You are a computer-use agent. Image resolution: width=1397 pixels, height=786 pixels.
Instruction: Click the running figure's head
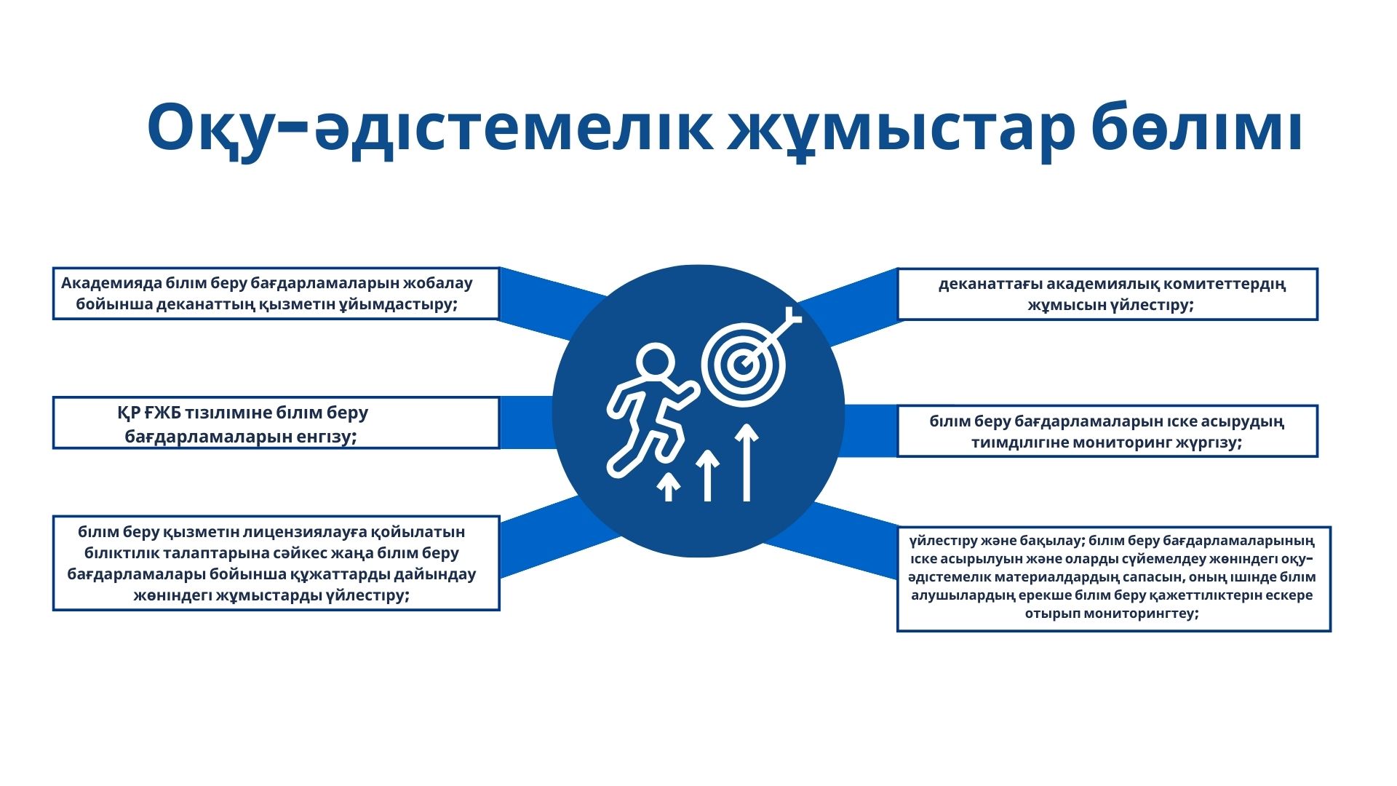click(x=655, y=362)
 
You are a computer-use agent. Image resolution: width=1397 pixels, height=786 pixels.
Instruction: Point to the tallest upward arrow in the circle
click(x=747, y=463)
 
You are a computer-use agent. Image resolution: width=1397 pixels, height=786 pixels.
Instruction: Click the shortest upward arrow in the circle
click(x=669, y=486)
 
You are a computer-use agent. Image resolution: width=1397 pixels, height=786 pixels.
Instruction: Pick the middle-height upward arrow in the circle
click(x=707, y=475)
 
